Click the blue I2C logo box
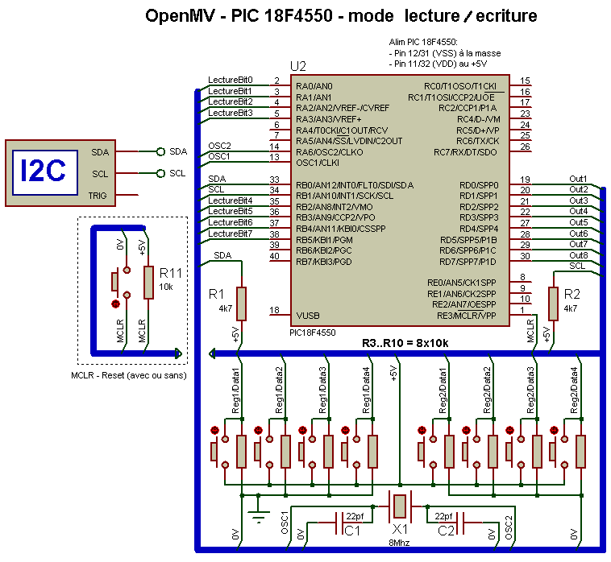(x=45, y=172)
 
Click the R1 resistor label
(x=216, y=294)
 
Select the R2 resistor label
(x=572, y=294)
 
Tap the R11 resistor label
(x=171, y=273)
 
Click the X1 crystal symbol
(x=400, y=506)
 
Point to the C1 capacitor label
(x=352, y=531)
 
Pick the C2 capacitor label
(x=446, y=531)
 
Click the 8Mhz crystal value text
(x=400, y=543)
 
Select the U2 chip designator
(x=298, y=67)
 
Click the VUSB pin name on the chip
(x=308, y=316)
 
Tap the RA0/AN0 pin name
(x=314, y=86)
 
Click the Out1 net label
(x=578, y=179)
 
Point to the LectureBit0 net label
(x=231, y=80)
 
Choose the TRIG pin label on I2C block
(x=98, y=196)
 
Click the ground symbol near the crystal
(x=258, y=514)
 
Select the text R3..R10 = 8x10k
(x=405, y=343)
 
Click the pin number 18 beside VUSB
(x=274, y=310)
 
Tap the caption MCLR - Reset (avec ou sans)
(x=129, y=375)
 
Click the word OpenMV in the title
(x=180, y=16)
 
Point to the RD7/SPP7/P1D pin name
(x=468, y=262)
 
